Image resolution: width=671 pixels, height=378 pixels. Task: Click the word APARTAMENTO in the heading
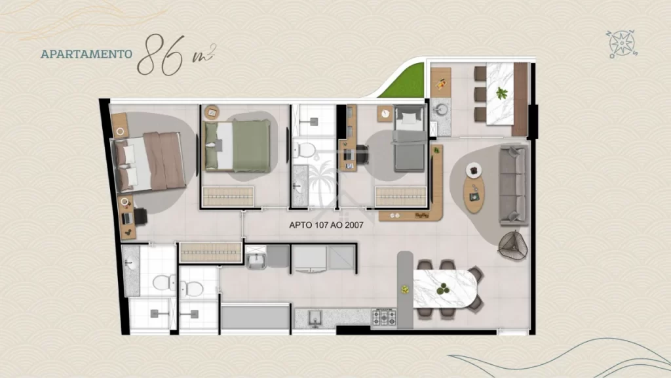pyautogui.click(x=86, y=54)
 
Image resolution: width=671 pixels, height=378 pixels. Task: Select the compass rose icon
pyautogui.click(x=622, y=44)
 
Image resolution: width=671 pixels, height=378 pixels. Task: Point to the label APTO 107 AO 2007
pyautogui.click(x=326, y=225)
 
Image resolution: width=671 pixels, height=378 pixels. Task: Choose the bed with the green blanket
pyautogui.click(x=237, y=146)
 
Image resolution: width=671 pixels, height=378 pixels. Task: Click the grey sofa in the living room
pyautogui.click(x=514, y=185)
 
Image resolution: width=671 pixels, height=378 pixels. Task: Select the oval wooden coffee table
pyautogui.click(x=474, y=194)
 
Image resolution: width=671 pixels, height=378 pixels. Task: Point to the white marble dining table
pyautogui.click(x=445, y=289)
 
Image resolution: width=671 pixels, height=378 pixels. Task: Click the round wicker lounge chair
pyautogui.click(x=512, y=245)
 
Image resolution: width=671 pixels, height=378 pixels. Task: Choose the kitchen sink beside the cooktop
pyautogui.click(x=315, y=318)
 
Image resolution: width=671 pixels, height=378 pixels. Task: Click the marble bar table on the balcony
pyautogui.click(x=500, y=94)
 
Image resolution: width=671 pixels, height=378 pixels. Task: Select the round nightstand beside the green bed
pyautogui.click(x=212, y=112)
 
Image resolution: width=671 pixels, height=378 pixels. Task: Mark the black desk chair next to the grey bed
pyautogui.click(x=362, y=154)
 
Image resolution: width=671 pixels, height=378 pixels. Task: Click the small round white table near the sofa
pyautogui.click(x=474, y=170)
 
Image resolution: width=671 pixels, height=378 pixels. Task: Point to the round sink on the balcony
pyautogui.click(x=440, y=110)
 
